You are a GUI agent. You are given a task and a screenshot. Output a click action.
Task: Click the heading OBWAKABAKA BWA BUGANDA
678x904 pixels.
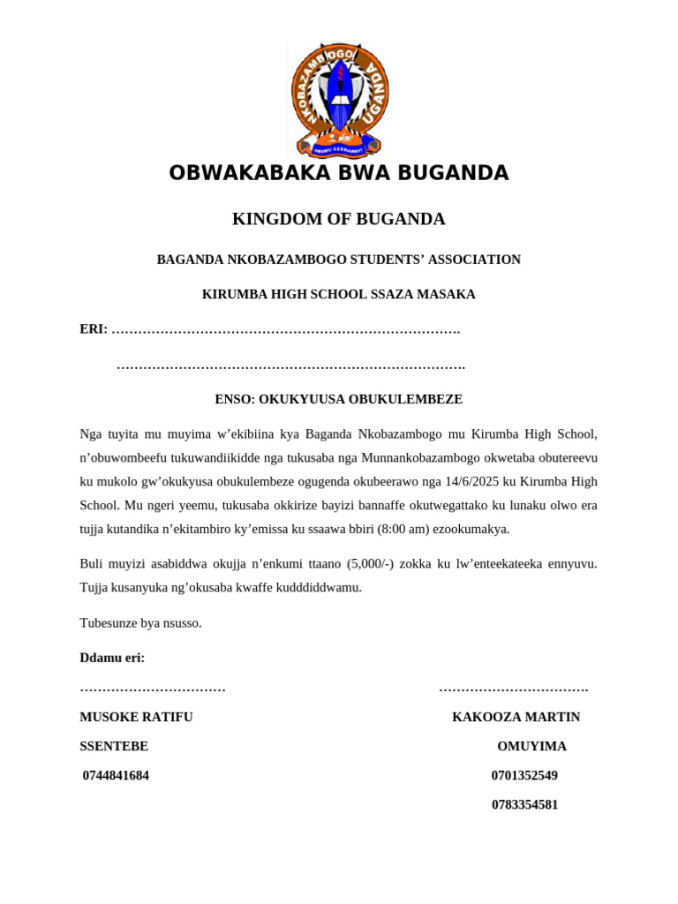click(x=339, y=173)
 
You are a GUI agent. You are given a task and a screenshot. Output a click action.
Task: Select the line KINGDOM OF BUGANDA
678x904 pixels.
click(x=339, y=219)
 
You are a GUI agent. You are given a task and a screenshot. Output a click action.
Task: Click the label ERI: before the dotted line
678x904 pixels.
click(x=94, y=329)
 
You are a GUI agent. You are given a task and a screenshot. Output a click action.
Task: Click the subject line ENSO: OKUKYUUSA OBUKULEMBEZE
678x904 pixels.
click(x=339, y=399)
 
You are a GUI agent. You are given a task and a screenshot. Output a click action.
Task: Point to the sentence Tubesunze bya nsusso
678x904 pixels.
click(x=141, y=622)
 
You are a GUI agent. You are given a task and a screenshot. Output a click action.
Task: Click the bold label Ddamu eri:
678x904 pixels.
click(x=112, y=658)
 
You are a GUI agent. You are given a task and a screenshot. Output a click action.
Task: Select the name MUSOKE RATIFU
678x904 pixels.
click(x=136, y=717)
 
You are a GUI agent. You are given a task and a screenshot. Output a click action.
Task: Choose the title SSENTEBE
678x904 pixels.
click(x=114, y=746)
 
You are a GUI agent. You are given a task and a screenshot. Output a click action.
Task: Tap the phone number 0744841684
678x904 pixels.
click(x=116, y=775)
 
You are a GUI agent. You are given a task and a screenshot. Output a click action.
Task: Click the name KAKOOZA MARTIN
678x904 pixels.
click(x=516, y=717)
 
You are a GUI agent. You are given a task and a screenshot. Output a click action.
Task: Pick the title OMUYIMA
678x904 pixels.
click(x=531, y=746)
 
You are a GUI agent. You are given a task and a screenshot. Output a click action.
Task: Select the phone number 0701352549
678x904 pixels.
click(x=524, y=775)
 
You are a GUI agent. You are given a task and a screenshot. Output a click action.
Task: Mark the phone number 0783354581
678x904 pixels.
click(x=524, y=804)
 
